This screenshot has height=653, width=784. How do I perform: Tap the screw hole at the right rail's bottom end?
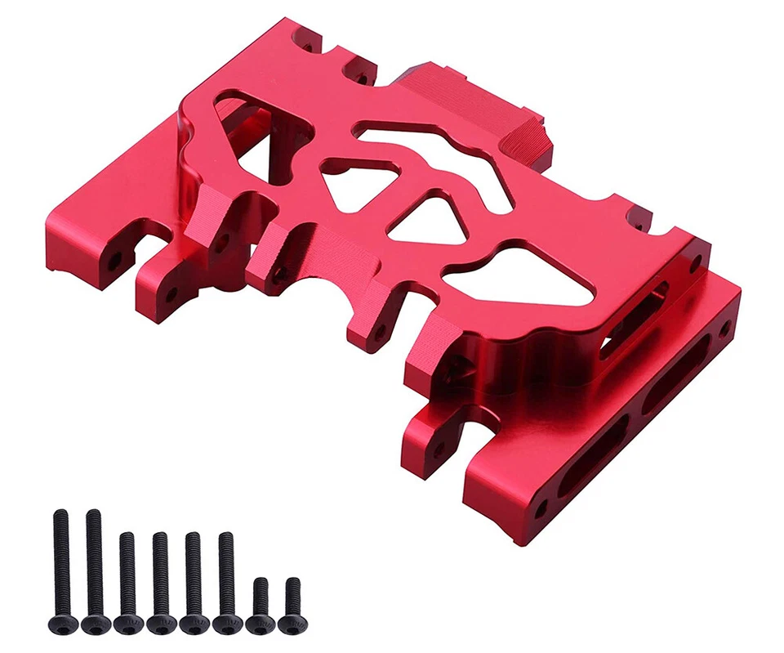(x=540, y=508)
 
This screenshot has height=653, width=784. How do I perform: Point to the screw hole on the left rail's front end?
(x=114, y=261)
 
